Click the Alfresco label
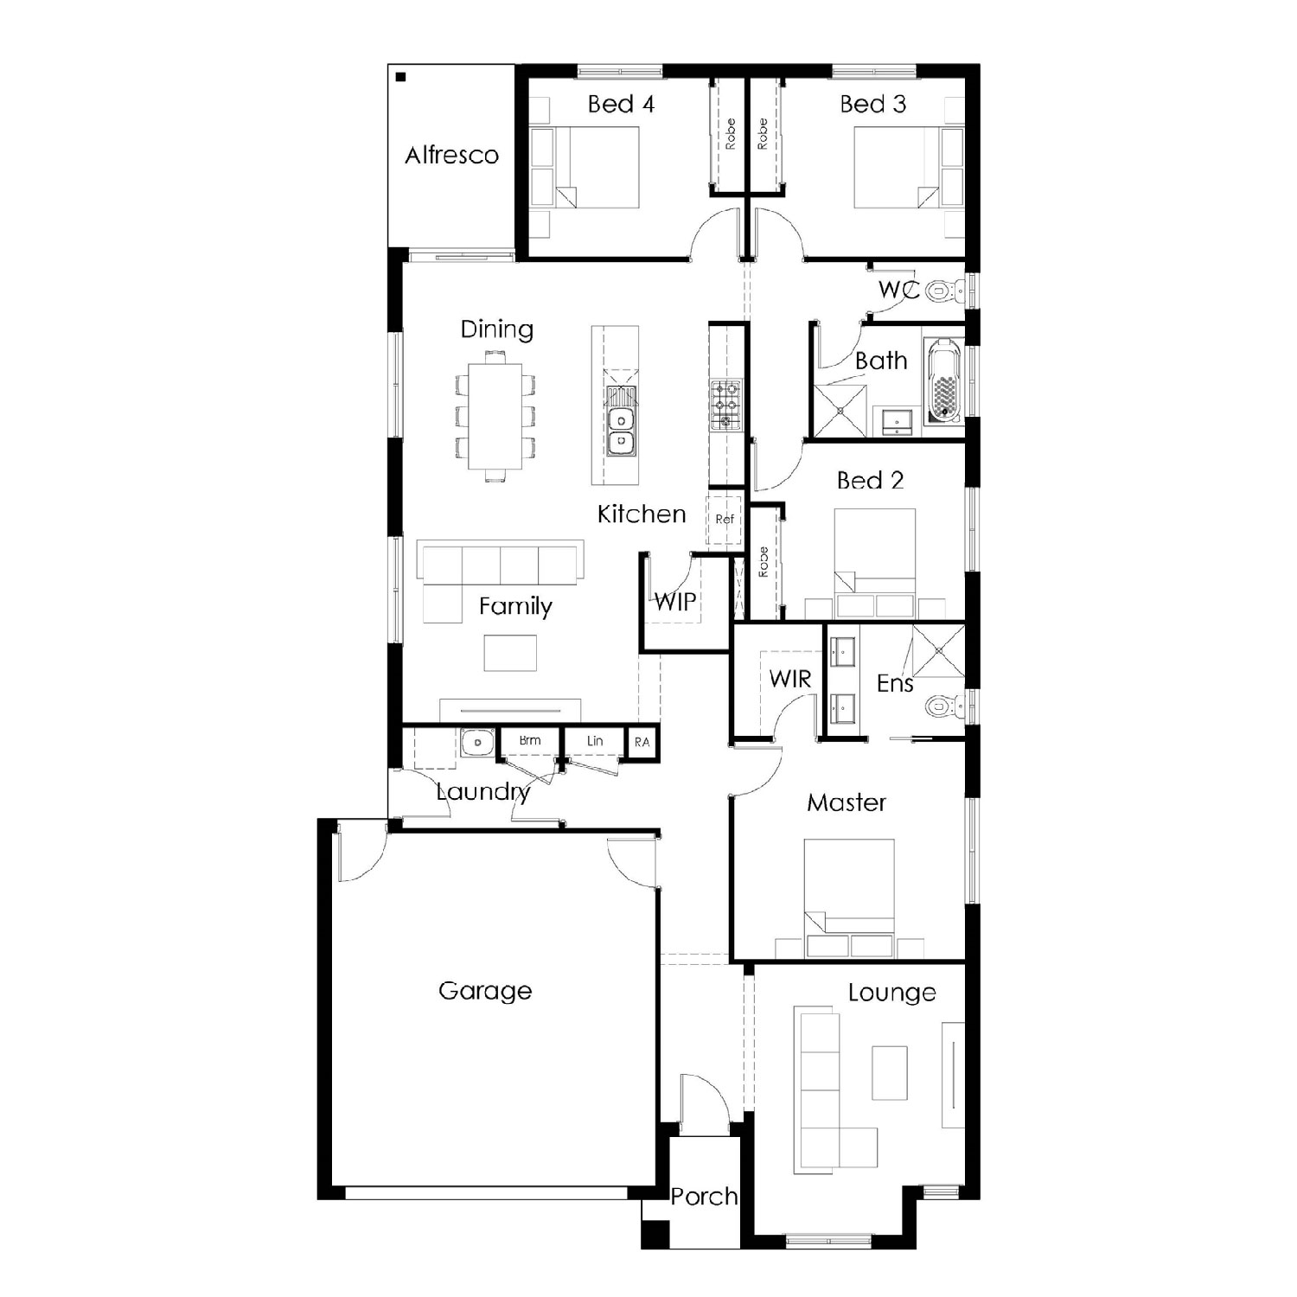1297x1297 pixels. click(x=452, y=155)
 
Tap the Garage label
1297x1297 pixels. click(x=485, y=991)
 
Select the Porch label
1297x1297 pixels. click(x=705, y=1197)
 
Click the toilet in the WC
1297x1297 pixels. click(x=942, y=291)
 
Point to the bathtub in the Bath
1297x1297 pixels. click(x=942, y=381)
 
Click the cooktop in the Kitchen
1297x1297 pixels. click(x=725, y=405)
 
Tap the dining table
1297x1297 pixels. click(x=495, y=416)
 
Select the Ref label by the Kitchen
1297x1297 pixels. click(x=725, y=520)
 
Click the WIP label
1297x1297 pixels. click(x=675, y=602)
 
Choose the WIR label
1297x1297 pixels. click(x=790, y=680)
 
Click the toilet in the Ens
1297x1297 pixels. click(x=942, y=706)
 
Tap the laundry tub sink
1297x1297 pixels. click(x=476, y=743)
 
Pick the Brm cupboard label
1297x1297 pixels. click(x=530, y=740)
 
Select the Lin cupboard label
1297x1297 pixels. click(x=595, y=741)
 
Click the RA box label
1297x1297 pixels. click(x=642, y=742)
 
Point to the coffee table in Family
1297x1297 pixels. click(x=510, y=653)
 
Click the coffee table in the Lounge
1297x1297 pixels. click(x=890, y=1072)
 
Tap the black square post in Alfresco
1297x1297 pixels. click(x=400, y=77)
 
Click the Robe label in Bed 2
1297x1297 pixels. click(x=763, y=562)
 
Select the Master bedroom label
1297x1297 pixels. click(x=847, y=802)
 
